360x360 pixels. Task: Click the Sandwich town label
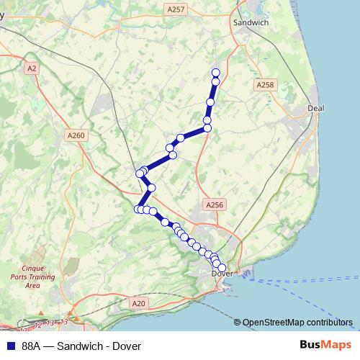click(x=251, y=23)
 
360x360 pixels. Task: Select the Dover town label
click(x=222, y=274)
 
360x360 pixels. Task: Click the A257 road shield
click(x=175, y=9)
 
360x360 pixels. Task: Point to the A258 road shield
click(x=266, y=85)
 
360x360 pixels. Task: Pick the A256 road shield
click(x=215, y=205)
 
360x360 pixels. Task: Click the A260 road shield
click(x=75, y=135)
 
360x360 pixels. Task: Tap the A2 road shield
click(x=31, y=68)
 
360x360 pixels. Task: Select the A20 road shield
click(x=139, y=305)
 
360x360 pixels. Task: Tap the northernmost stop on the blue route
click(x=215, y=72)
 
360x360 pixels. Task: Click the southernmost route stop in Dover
click(x=222, y=268)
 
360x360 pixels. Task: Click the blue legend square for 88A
click(x=9, y=346)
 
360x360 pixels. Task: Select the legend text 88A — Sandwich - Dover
click(x=81, y=346)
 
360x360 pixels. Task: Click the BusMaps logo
click(x=323, y=346)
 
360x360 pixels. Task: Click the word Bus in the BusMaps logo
click(x=310, y=346)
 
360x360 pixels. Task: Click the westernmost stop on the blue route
click(x=138, y=209)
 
